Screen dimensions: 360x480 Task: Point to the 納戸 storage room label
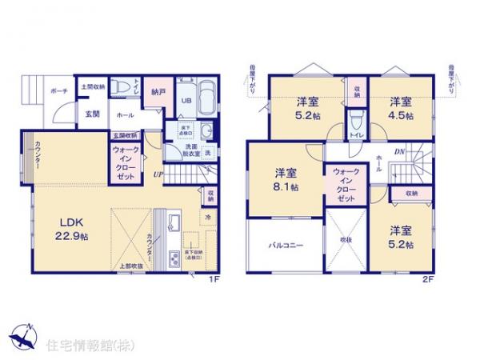click(158, 93)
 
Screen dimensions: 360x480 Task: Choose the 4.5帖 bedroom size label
click(401, 115)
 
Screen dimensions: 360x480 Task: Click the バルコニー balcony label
click(284, 246)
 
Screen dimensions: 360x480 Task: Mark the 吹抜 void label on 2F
click(346, 240)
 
